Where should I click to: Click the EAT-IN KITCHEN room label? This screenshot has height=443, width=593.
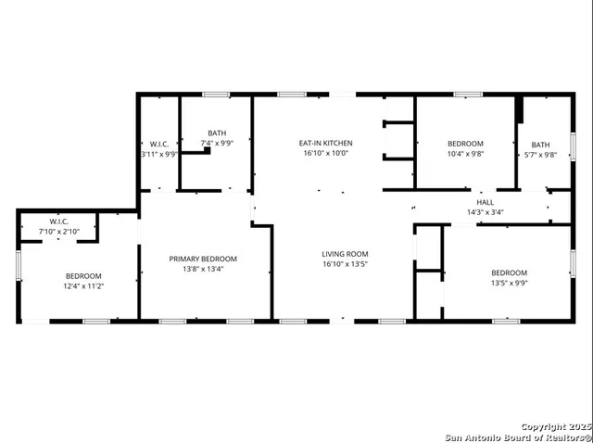pyautogui.click(x=325, y=143)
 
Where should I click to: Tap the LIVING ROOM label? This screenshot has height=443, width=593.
pyautogui.click(x=345, y=254)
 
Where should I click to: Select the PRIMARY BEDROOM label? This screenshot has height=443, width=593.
pyautogui.click(x=203, y=259)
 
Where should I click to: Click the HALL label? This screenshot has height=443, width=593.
pyautogui.click(x=485, y=201)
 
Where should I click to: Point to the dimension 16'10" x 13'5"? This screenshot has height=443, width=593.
pyautogui.click(x=345, y=265)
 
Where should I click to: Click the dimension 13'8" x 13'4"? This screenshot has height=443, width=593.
pyautogui.click(x=203, y=270)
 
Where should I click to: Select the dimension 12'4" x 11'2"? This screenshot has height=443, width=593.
pyautogui.click(x=83, y=287)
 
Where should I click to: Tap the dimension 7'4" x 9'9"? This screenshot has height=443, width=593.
pyautogui.click(x=217, y=144)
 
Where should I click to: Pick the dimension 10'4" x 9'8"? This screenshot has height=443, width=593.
pyautogui.click(x=465, y=155)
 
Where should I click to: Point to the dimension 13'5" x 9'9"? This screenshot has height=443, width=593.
pyautogui.click(x=509, y=284)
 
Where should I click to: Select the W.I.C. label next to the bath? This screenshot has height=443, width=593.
pyautogui.click(x=158, y=144)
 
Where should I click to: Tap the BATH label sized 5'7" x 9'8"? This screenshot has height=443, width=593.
pyautogui.click(x=540, y=145)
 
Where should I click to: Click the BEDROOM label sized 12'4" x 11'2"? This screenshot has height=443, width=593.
pyautogui.click(x=83, y=276)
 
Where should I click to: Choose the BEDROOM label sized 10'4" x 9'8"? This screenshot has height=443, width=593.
pyautogui.click(x=465, y=144)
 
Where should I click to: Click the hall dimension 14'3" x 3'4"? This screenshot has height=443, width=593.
pyautogui.click(x=485, y=212)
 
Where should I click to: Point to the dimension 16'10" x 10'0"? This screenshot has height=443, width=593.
pyautogui.click(x=325, y=154)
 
